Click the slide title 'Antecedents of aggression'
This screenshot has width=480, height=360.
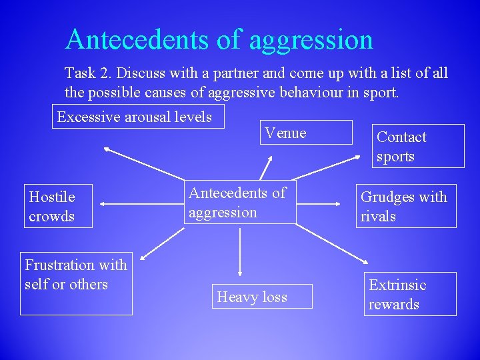219,39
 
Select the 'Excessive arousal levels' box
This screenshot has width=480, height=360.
137,117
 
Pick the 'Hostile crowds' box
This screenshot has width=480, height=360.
58,207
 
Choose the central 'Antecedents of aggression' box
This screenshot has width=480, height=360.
240,203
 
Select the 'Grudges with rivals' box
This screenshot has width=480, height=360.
406,207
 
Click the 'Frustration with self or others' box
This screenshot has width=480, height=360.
76,283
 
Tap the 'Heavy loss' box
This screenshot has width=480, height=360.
263,297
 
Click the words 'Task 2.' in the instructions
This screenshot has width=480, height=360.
89,73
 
